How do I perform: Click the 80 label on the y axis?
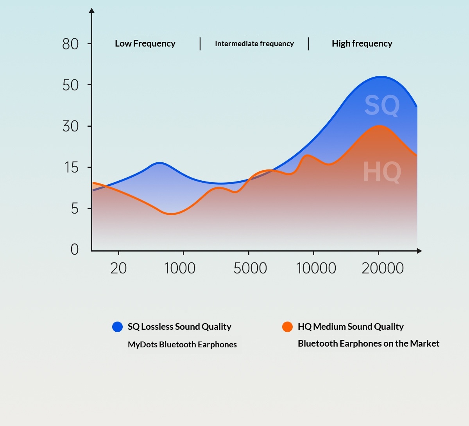(70, 44)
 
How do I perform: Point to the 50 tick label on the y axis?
(70, 85)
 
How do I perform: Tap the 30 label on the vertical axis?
(70, 126)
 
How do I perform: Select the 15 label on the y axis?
(72, 168)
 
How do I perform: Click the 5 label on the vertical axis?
(75, 209)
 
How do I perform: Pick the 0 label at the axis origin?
(74, 249)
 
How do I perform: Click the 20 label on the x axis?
(118, 268)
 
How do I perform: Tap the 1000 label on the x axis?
(180, 268)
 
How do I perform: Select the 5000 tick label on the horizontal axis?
(250, 268)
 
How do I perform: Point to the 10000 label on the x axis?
(316, 268)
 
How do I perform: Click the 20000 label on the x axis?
(383, 268)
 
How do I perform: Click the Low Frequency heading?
(145, 43)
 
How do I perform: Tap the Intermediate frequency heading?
(254, 43)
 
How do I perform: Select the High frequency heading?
(362, 43)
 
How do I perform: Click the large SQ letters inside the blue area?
(382, 105)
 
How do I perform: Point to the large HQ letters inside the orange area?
(382, 172)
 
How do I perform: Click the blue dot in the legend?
(117, 327)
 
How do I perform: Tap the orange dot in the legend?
(287, 327)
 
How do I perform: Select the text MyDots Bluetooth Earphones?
(182, 345)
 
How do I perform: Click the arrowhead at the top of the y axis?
(92, 11)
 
